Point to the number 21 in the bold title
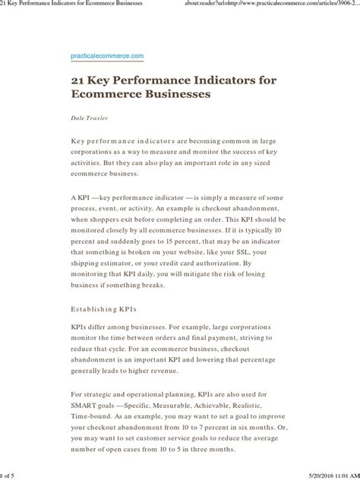pyautogui.click(x=80, y=79)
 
